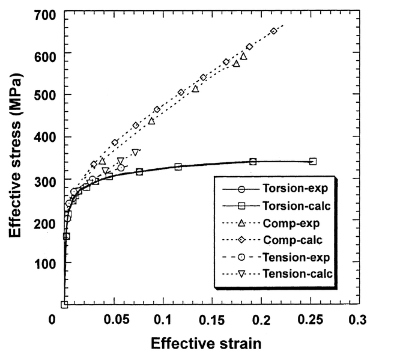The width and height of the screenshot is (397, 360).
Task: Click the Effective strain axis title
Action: (206, 344)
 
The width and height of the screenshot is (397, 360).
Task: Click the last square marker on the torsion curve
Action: (313, 161)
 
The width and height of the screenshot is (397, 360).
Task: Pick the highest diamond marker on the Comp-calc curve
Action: (274, 31)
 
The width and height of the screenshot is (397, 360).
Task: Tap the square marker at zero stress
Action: (64, 305)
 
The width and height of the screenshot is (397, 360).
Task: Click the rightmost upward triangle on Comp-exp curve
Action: (244, 56)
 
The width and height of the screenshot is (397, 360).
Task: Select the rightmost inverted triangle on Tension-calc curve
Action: (135, 152)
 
